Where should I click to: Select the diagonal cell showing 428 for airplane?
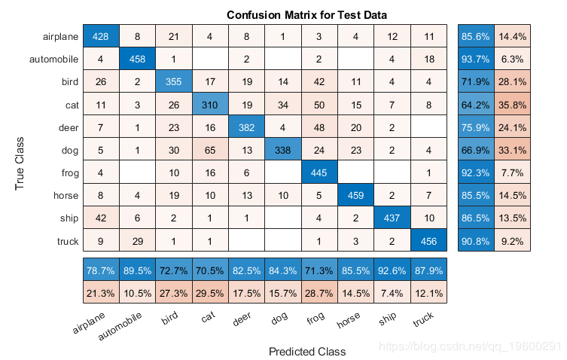[100, 36]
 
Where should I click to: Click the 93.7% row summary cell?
[476, 58]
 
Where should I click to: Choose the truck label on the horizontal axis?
[423, 321]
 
